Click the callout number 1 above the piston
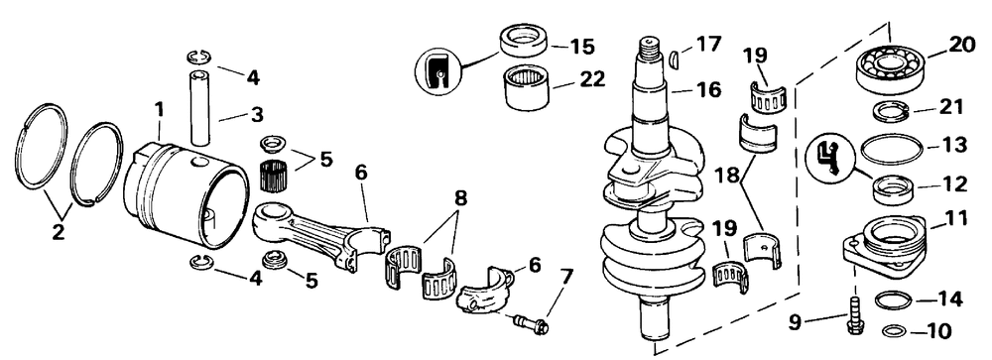(160, 111)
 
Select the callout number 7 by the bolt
(566, 277)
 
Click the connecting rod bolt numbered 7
(530, 324)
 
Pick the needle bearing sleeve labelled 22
(525, 88)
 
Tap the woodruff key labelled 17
(674, 59)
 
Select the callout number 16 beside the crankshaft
(707, 89)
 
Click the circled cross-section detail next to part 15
(437, 71)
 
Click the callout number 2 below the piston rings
(58, 232)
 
